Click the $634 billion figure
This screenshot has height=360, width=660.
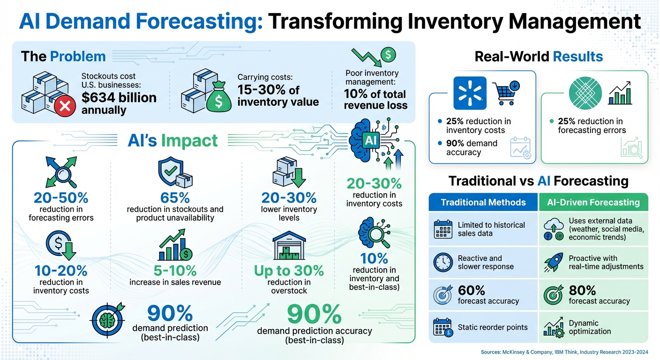(x=119, y=97)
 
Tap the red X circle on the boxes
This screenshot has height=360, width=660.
(x=65, y=106)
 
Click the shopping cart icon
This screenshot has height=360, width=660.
(x=505, y=93)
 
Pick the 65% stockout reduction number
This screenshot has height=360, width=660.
(x=175, y=197)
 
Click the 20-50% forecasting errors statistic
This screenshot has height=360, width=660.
(x=61, y=197)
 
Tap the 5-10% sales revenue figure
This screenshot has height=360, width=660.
(x=175, y=270)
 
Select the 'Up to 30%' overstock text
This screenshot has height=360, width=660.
(x=289, y=270)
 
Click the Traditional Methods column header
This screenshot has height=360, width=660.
(x=483, y=202)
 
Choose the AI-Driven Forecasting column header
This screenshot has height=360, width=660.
(x=593, y=202)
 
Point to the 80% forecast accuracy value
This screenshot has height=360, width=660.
(x=582, y=290)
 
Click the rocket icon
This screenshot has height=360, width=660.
(x=554, y=262)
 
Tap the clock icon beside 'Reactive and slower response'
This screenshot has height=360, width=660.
(x=442, y=262)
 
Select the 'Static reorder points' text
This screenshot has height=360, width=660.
(x=492, y=327)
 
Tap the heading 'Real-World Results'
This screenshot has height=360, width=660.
(x=539, y=57)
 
